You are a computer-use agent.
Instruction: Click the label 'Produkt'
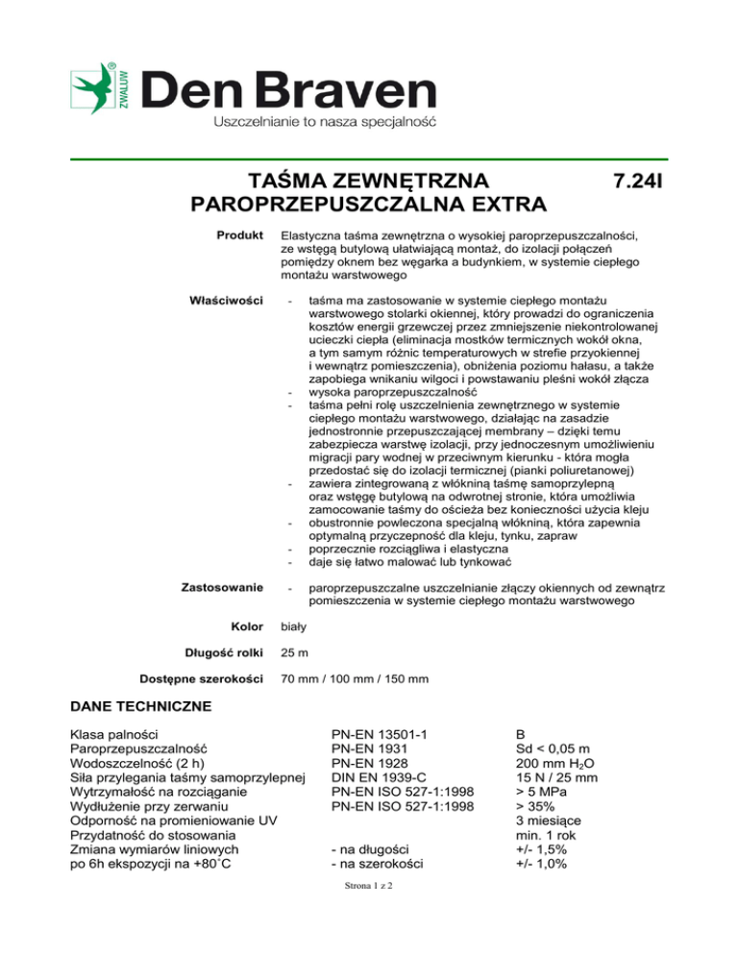point(240,234)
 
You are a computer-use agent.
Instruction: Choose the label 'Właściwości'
point(230,302)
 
